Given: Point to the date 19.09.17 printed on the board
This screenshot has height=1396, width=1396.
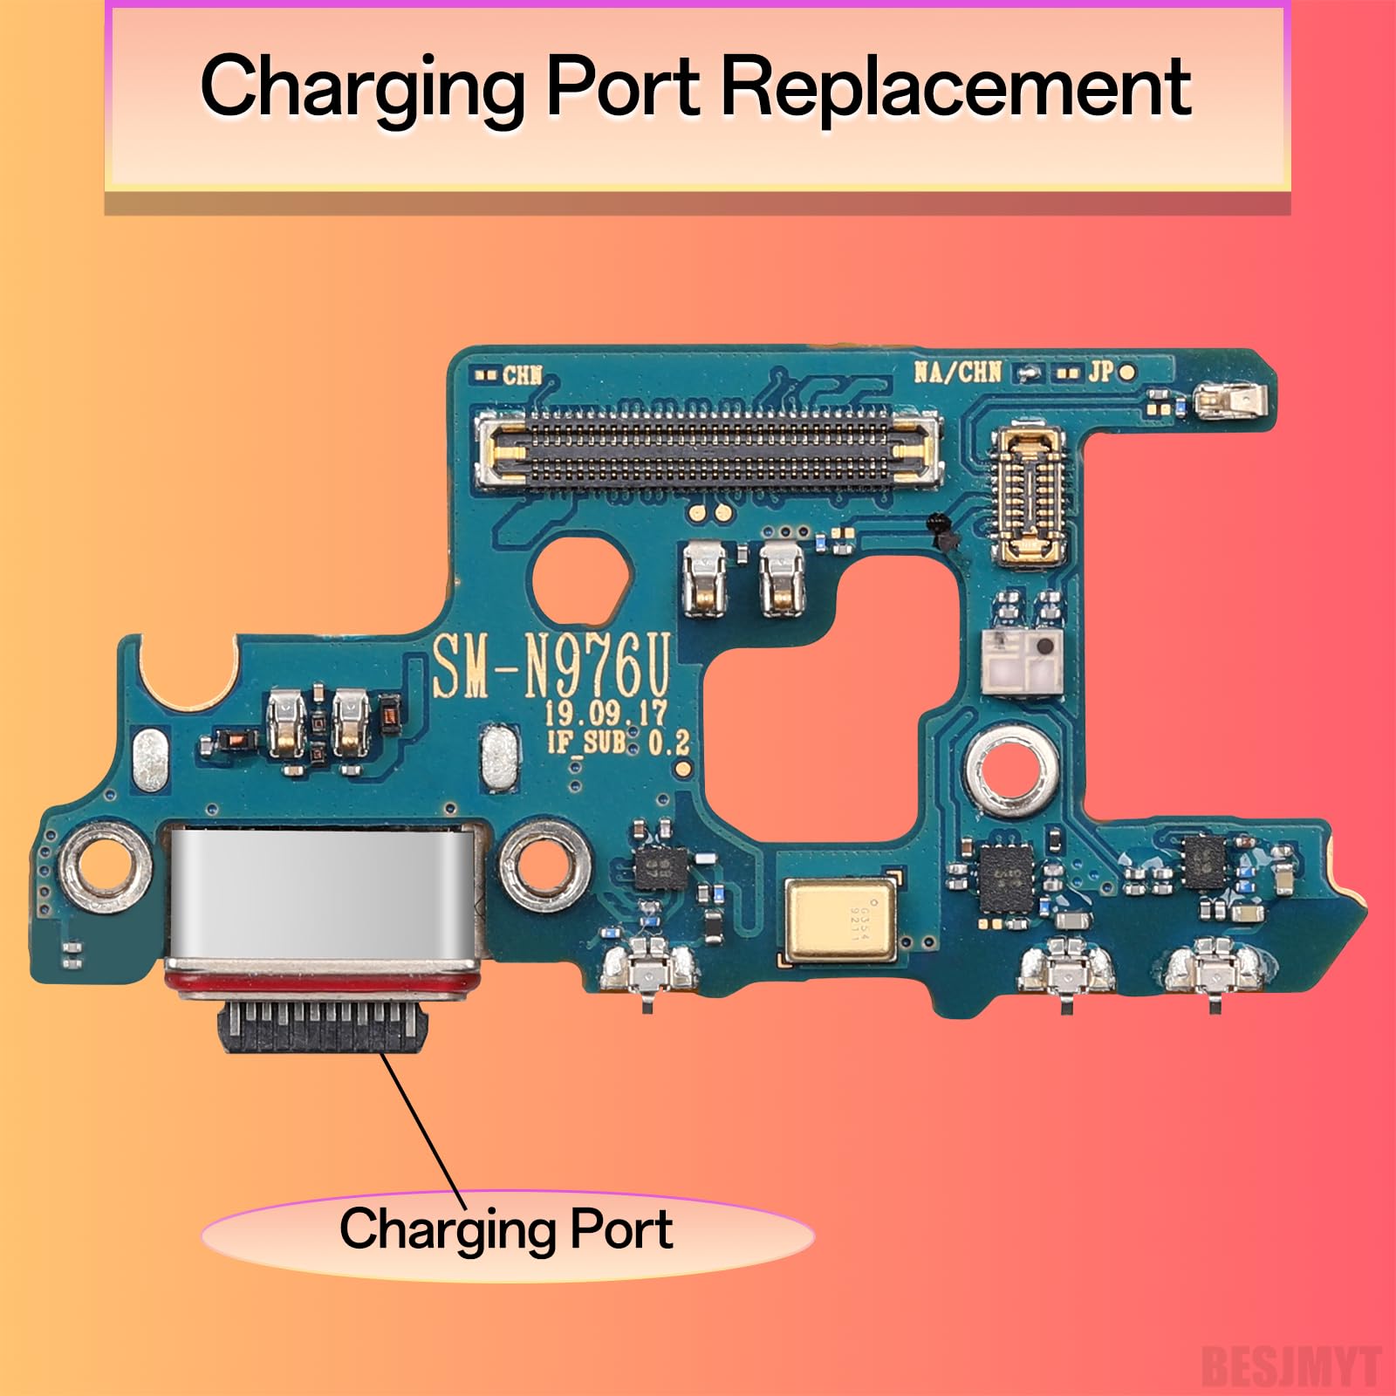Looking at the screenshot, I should click(606, 713).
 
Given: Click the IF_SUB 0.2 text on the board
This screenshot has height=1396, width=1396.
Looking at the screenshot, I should click(617, 743).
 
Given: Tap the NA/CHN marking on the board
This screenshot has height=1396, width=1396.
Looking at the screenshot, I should click(957, 373).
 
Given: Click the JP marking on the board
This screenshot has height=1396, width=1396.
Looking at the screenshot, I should click(1100, 372).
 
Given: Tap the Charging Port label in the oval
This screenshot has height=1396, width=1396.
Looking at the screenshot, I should click(506, 1230).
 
